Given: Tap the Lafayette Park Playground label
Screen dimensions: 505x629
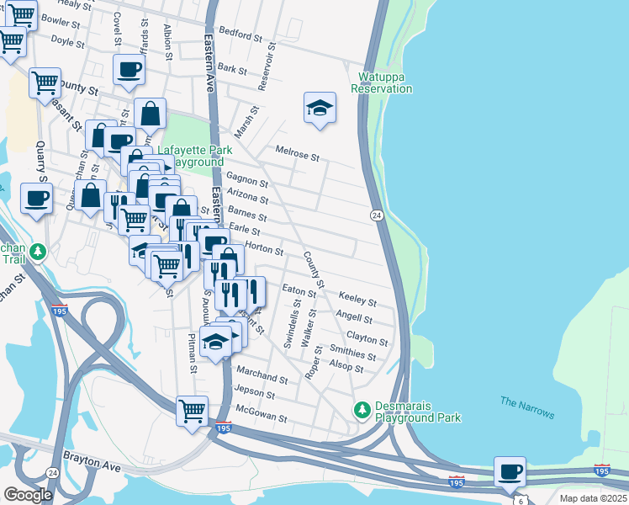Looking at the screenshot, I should [x=195, y=155].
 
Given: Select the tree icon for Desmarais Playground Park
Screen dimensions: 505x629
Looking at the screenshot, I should [x=362, y=409].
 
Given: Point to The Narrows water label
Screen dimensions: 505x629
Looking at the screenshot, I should [x=527, y=407].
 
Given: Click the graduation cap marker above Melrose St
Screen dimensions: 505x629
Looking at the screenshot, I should [x=320, y=108].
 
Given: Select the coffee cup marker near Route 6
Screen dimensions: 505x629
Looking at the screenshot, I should [x=509, y=471].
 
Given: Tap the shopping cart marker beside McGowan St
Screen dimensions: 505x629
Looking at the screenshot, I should [x=193, y=411].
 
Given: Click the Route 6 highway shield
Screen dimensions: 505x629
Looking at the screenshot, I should [x=520, y=501].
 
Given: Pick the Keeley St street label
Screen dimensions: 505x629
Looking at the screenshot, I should [x=357, y=299].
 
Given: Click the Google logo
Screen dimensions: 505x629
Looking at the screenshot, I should [x=28, y=495].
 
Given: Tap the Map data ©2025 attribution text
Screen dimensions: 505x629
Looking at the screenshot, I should [x=591, y=498].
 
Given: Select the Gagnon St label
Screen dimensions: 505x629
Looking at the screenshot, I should [x=246, y=179].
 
